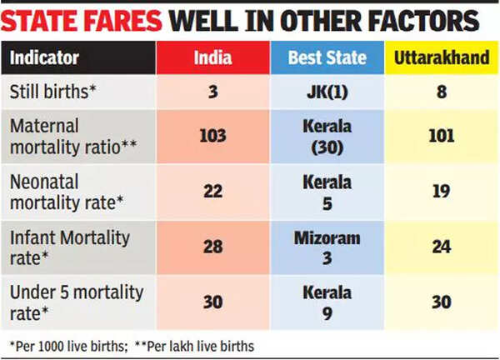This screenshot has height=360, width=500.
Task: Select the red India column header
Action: point(212,58)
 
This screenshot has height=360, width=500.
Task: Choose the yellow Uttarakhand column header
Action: point(442,58)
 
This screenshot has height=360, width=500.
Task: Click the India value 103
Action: point(213,136)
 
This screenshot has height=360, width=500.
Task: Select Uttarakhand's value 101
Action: point(442,136)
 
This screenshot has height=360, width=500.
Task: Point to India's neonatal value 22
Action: point(213,192)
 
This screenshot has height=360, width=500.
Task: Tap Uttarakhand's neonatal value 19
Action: point(442,192)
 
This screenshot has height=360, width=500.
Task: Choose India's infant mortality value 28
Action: point(213,247)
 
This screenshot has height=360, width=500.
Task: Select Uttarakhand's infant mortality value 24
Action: point(442,247)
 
